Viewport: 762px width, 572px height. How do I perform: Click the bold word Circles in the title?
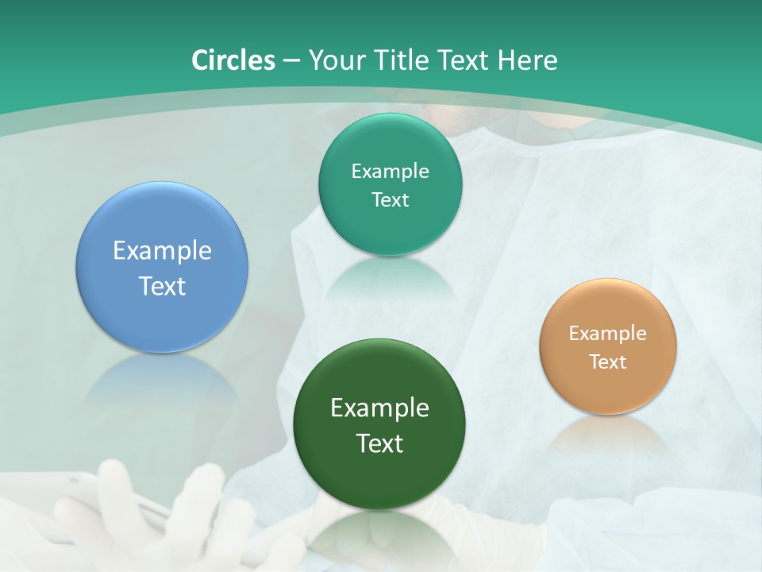[x=233, y=60]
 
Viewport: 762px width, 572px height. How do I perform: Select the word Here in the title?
[x=528, y=60]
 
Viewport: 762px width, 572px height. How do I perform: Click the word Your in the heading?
[x=334, y=60]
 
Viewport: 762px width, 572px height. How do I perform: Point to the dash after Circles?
[x=291, y=60]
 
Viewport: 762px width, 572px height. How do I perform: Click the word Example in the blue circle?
[x=162, y=250]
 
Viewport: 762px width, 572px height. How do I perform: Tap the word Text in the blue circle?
[x=162, y=286]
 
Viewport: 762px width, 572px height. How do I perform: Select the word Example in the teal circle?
[x=390, y=171]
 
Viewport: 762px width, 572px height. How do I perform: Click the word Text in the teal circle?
[x=390, y=199]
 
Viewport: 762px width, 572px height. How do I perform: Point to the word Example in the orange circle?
[x=608, y=333]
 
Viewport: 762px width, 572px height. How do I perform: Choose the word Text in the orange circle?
[x=608, y=361]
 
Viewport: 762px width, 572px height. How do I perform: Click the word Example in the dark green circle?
[x=379, y=408]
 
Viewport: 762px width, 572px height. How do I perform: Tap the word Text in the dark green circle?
[x=379, y=443]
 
